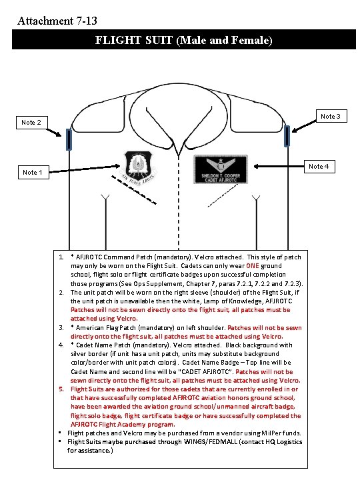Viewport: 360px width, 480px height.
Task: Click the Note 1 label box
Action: click(x=31, y=173)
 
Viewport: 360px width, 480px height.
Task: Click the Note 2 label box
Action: click(x=31, y=123)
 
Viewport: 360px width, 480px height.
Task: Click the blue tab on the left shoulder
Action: click(x=69, y=140)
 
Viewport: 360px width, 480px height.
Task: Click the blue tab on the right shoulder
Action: click(x=287, y=136)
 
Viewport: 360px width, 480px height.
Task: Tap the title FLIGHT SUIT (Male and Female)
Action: click(x=183, y=40)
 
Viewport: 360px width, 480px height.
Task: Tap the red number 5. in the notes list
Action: click(x=61, y=389)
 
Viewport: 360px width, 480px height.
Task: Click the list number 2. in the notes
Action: click(x=61, y=293)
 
